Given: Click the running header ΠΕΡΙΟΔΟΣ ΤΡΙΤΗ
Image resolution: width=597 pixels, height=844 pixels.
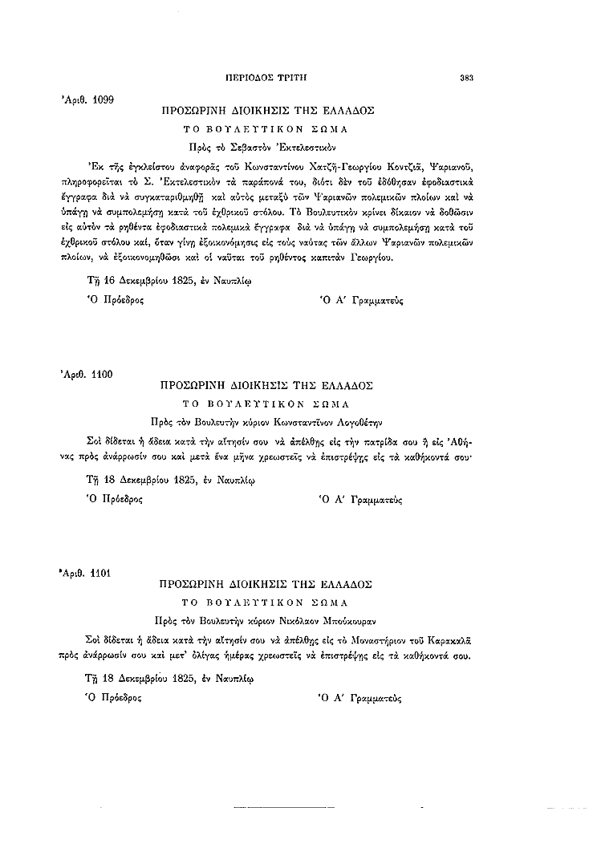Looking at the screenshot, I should pos(268,78).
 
